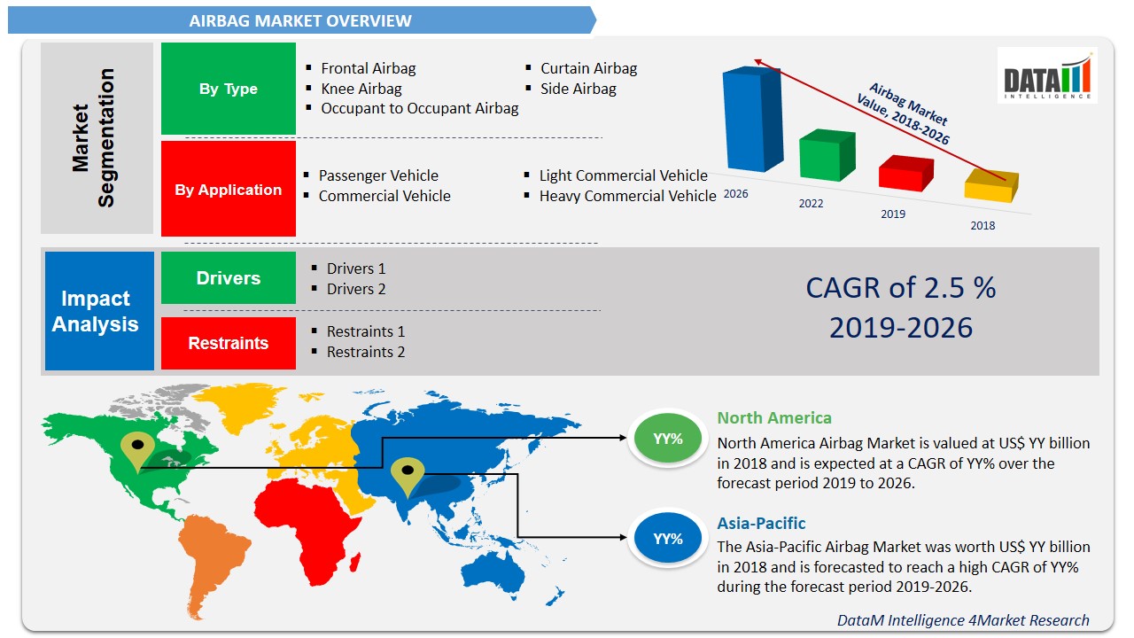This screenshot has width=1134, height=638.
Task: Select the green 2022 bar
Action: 827,156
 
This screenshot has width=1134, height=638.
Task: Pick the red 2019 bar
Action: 905,174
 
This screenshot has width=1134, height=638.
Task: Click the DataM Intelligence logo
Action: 1046,76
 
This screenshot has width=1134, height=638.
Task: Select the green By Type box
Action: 229,89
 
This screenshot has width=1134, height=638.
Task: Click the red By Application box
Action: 229,190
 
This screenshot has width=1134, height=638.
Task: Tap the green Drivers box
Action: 229,278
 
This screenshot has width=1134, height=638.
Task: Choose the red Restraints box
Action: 229,344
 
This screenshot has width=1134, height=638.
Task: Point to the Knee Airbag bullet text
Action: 361,89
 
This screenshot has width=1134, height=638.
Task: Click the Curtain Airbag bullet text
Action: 588,68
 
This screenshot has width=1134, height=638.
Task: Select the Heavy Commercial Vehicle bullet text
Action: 627,196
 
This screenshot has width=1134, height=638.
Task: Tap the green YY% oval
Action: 667,439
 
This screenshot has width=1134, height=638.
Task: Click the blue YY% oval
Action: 667,539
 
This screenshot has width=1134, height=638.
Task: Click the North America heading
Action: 773,418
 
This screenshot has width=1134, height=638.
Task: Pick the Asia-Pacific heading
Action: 761,523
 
